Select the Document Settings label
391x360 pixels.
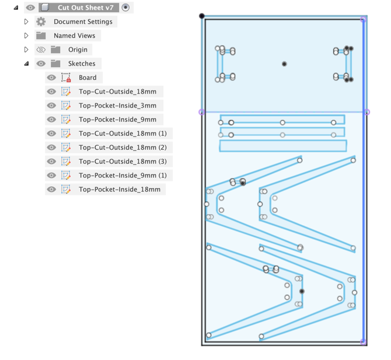pos(83,22)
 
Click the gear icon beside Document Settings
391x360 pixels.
pos(41,22)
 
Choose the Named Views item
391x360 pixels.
pos(74,36)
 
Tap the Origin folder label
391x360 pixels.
pos(78,50)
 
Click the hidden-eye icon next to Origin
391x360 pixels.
pos(41,50)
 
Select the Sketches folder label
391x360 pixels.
pos(82,64)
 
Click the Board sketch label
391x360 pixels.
pos(88,78)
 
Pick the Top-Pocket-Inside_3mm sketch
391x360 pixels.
pos(117,106)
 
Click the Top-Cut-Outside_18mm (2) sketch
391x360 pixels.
pos(123,148)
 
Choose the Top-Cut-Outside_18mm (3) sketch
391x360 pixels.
pos(123,162)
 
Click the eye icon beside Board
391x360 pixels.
pos(51,78)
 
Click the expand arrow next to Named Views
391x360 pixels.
pos(26,36)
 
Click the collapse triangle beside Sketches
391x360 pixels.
pos(26,64)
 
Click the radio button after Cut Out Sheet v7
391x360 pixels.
pos(125,8)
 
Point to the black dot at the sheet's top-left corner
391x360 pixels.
pos(202,16)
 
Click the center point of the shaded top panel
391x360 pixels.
pos(284,64)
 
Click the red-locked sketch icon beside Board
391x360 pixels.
pos(66,78)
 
